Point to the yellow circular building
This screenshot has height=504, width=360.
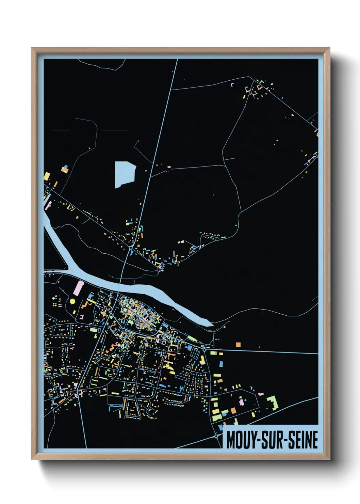point(72,301)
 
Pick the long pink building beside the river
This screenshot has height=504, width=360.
point(78,288)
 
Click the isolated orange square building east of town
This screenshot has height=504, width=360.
point(238,345)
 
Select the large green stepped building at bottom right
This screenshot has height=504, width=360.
point(273,402)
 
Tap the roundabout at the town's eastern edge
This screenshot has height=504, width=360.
point(204,349)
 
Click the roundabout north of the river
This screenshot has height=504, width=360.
point(131,248)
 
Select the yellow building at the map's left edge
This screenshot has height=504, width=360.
point(47,176)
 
